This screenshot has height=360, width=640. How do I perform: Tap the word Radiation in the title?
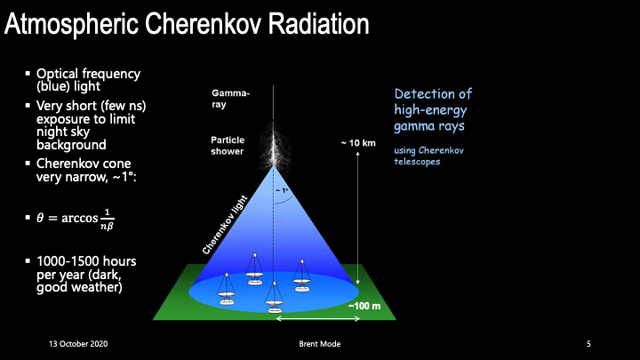318,24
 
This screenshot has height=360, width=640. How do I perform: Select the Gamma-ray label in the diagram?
230,99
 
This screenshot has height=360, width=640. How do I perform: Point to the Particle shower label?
228,146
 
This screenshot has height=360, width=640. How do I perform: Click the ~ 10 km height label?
358,143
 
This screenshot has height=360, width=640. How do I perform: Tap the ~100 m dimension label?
364,306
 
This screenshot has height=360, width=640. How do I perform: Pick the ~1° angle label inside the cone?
282,190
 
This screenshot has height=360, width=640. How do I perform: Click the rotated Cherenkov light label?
225,225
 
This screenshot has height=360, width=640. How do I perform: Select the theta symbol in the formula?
40,218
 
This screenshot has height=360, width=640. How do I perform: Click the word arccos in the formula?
80,219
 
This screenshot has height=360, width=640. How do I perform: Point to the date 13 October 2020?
78,344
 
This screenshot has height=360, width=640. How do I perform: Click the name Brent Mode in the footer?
320,344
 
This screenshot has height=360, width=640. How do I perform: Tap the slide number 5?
588,344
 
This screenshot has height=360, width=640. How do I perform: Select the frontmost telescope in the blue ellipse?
275,297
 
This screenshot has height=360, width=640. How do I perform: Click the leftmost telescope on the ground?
227,289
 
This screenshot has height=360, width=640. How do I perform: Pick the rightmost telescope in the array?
301,276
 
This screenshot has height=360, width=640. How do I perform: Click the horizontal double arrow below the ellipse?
318,319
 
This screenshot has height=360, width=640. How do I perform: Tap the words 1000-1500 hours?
86,261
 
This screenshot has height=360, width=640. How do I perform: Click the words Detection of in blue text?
433,94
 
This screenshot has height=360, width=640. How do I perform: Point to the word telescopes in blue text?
417,162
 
